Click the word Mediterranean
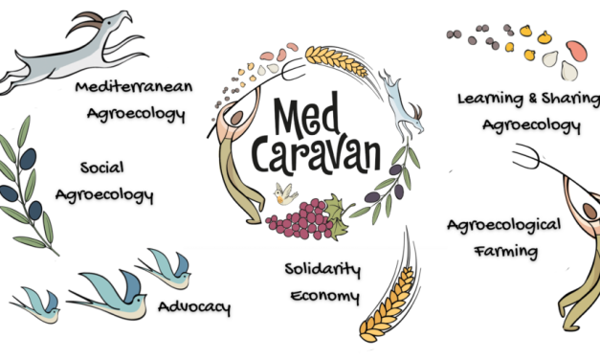tap(135, 88)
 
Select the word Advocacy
tap(193, 308)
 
